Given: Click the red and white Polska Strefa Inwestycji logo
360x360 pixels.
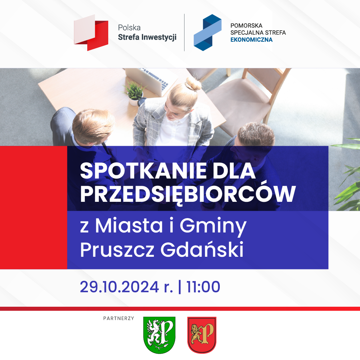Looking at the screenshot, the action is (91, 33).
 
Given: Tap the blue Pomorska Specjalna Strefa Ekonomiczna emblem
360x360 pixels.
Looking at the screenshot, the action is (207, 32).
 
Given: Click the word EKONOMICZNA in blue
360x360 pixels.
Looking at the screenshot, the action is (251, 40).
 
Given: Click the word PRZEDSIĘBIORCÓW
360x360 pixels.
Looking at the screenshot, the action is (188, 194).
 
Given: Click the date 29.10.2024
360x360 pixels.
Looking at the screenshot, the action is (119, 287).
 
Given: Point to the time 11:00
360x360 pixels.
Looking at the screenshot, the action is (203, 287).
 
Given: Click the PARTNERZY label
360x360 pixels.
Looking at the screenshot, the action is (119, 318).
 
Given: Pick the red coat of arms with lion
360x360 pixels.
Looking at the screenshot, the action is (202, 335).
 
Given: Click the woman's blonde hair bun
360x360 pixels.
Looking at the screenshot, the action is (193, 84).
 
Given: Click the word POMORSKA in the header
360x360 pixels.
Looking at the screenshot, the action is (246, 26).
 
